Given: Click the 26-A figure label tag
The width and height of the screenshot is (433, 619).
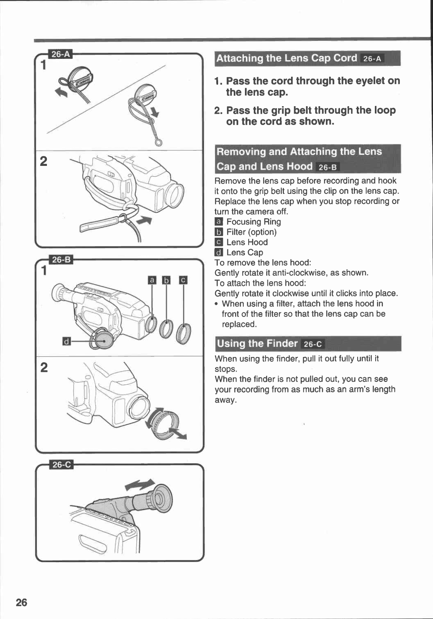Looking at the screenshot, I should tap(61, 54).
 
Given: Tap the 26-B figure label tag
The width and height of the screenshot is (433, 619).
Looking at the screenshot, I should tap(61, 260).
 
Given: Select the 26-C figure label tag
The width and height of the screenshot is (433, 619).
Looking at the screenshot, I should tap(61, 464).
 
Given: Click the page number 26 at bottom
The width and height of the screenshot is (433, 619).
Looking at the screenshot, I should tap(22, 602).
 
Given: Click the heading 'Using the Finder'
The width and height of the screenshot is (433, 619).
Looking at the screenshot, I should tap(257, 343).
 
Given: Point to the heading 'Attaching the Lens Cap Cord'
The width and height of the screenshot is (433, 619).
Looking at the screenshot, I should tap(286, 58).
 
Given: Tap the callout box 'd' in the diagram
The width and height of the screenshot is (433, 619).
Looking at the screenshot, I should tap(67, 341).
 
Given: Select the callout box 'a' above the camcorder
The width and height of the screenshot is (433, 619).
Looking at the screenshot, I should tap(152, 280).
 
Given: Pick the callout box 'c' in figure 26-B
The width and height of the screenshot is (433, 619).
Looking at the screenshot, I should tap(183, 280).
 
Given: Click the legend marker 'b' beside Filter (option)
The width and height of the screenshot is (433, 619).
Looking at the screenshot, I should tap(219, 232).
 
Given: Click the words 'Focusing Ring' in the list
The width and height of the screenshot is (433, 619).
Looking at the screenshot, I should tap(253, 222).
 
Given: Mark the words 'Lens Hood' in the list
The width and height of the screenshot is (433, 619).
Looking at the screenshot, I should tap(247, 242).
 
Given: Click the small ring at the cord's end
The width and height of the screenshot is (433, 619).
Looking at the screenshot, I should tap(159, 142).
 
